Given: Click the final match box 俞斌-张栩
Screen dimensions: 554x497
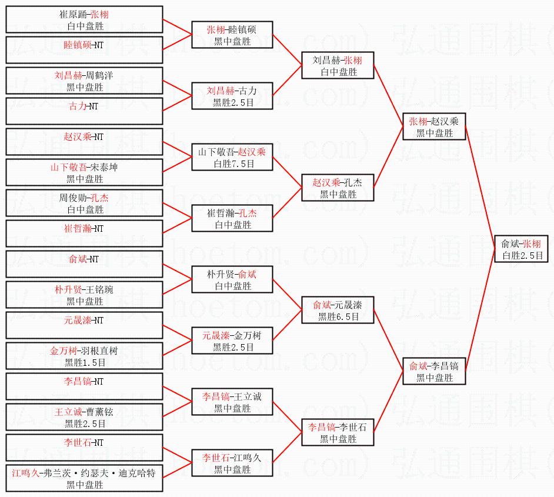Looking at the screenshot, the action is click(521, 249).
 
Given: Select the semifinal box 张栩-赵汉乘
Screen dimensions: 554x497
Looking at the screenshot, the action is click(434, 126).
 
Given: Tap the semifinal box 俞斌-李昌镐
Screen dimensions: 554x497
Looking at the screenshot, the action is click(434, 371).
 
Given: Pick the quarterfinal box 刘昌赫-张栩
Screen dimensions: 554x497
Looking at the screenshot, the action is click(338, 65).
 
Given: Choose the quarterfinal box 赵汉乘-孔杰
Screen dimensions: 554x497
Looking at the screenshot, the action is click(338, 188).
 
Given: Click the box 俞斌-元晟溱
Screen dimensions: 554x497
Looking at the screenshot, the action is click(338, 310).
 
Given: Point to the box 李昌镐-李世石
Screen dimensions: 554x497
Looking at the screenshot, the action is click(338, 432).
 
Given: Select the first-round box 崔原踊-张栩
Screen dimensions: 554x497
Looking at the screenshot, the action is click(85, 19).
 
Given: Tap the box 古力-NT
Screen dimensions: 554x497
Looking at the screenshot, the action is click(85, 111).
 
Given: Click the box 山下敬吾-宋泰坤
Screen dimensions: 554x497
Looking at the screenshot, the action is click(85, 172).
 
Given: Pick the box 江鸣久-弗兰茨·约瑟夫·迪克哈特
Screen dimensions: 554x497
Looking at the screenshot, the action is click(85, 478).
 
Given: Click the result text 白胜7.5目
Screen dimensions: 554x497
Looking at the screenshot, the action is click(234, 164).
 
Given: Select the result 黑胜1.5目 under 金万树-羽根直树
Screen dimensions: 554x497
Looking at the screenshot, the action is click(85, 362).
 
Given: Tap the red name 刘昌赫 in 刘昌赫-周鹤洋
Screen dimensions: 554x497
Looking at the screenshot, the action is click(68, 75).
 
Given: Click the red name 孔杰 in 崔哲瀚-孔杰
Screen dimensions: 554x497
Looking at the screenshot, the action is click(248, 213).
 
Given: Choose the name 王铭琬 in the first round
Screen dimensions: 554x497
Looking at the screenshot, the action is click(99, 289).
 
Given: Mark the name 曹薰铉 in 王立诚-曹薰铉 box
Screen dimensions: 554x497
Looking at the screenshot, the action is click(99, 412).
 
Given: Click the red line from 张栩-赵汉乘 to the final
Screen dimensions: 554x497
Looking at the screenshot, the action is click(480, 188).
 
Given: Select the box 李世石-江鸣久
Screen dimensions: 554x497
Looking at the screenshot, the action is click(232, 463).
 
